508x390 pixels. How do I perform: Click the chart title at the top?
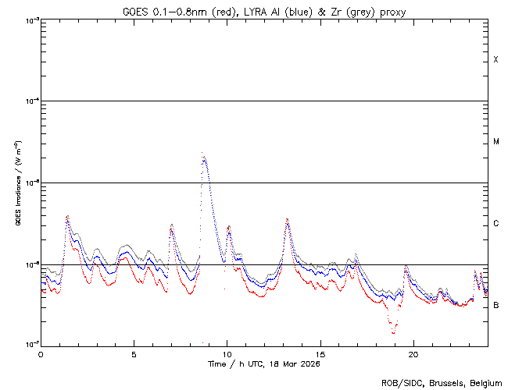264,11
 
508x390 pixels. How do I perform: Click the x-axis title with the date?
264,363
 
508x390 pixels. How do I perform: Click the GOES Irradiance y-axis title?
17,183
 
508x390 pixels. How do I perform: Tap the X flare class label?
496,60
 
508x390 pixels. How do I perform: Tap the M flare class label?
496,142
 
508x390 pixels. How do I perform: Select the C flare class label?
496,224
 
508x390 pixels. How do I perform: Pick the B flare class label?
496,305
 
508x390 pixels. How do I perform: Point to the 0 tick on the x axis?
41,353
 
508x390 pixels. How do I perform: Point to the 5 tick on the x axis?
134,353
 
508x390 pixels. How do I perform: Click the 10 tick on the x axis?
227,353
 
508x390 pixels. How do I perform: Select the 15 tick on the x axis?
320,353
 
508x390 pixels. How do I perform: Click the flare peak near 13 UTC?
287,220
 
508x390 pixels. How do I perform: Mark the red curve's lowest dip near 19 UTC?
393,333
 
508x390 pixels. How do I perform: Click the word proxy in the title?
392,11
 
